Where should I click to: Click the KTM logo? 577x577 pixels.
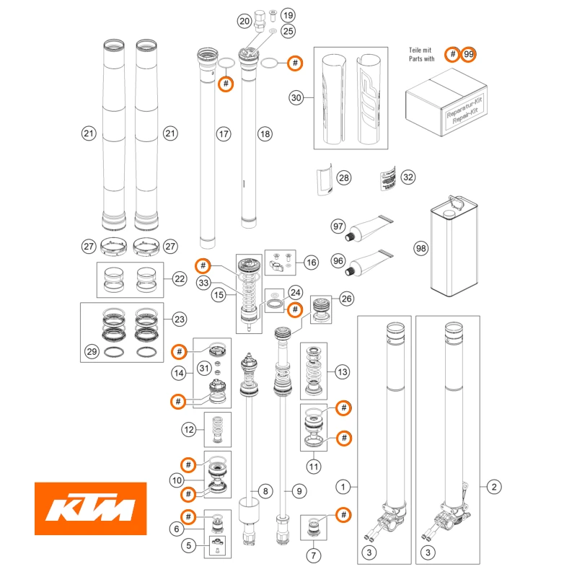(x=91, y=510)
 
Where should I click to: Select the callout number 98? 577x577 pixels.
(x=421, y=248)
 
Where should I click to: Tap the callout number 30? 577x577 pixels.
(x=295, y=97)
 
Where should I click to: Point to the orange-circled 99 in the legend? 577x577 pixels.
(x=469, y=55)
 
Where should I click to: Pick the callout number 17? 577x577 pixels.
(x=224, y=133)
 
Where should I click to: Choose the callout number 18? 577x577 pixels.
(x=265, y=133)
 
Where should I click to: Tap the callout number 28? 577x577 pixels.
(x=343, y=177)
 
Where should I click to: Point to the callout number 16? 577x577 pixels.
(x=311, y=263)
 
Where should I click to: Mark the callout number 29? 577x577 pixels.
(x=91, y=351)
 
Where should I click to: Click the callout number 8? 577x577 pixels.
(x=265, y=491)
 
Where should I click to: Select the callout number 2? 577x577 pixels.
(x=494, y=488)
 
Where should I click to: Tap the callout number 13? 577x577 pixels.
(x=342, y=372)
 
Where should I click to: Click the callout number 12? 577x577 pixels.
(x=189, y=430)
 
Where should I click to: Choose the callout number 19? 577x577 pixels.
(x=288, y=15)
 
